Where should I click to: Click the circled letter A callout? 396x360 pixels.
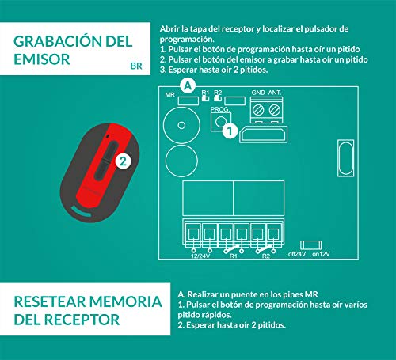(188, 85)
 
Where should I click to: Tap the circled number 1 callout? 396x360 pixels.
(230, 131)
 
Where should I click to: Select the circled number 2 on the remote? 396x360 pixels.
(123, 161)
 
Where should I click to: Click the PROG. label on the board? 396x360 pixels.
(220, 109)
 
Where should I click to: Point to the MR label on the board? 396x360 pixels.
(170, 95)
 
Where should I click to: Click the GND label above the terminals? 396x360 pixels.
(258, 93)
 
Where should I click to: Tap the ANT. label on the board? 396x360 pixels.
(275, 93)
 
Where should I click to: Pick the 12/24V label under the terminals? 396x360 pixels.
(200, 256)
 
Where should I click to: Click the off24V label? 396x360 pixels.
(297, 254)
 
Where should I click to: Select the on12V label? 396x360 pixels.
(321, 254)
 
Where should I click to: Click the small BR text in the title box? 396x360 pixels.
(136, 66)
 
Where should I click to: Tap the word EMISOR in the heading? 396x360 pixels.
(42, 59)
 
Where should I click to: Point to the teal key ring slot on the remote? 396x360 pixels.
(81, 212)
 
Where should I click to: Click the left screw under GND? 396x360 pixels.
(258, 110)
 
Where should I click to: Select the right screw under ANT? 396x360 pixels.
(275, 110)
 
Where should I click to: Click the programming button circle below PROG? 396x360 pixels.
(221, 122)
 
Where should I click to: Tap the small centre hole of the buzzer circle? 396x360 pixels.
(181, 125)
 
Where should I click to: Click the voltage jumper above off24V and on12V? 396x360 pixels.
(311, 245)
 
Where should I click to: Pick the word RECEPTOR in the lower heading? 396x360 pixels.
(82, 320)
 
